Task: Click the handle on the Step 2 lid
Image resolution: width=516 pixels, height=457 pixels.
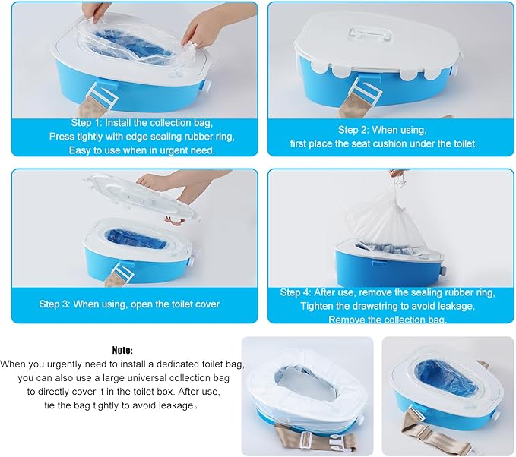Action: [371, 33]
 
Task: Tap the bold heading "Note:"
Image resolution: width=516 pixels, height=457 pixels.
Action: [122, 350]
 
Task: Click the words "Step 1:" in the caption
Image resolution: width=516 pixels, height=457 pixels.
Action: [87, 123]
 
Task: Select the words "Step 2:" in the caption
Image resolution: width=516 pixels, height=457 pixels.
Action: [354, 130]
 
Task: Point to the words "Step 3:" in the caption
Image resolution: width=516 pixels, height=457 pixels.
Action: [55, 304]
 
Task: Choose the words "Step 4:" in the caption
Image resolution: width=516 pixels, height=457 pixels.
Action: [296, 292]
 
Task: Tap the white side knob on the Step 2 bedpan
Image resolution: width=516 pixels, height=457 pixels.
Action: [456, 70]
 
